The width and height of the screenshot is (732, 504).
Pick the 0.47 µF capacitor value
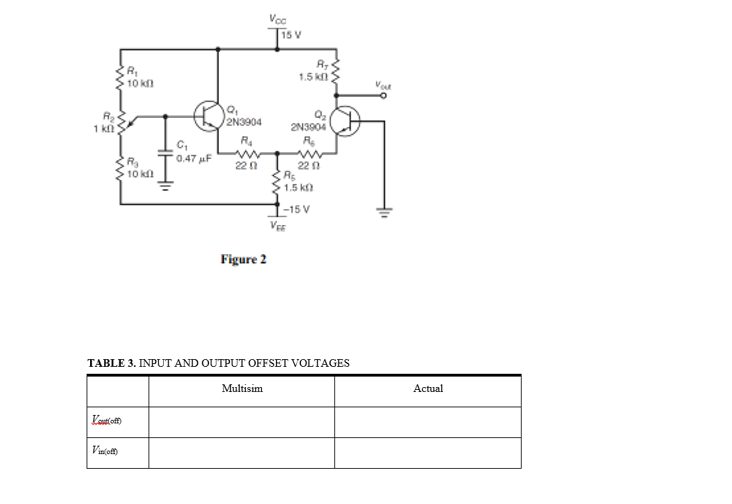(x=192, y=158)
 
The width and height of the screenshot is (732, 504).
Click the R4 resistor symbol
(x=247, y=155)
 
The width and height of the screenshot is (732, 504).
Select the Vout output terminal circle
(x=384, y=97)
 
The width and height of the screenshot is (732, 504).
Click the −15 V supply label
(x=297, y=209)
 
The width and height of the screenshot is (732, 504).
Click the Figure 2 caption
(x=243, y=260)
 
